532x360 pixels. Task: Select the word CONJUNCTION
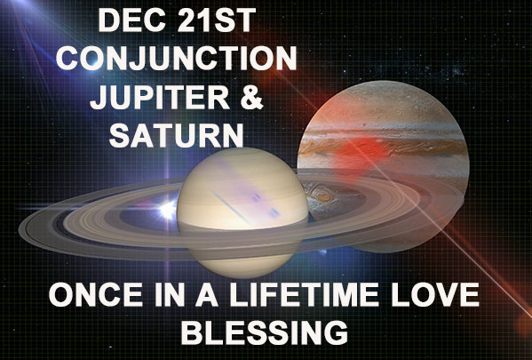(176, 58)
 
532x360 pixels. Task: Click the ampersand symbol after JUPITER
(250, 97)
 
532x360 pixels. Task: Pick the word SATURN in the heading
(177, 135)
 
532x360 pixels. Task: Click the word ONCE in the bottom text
(96, 294)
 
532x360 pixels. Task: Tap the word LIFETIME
(304, 294)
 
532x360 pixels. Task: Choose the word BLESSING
(265, 332)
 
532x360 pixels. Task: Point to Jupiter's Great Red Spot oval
(322, 196)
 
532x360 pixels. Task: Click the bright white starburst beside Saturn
(167, 210)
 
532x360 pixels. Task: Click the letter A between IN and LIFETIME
(207, 294)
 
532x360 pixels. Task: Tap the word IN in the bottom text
(170, 294)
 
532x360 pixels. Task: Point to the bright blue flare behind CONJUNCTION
(92, 60)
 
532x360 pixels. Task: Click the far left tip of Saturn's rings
(20, 230)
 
